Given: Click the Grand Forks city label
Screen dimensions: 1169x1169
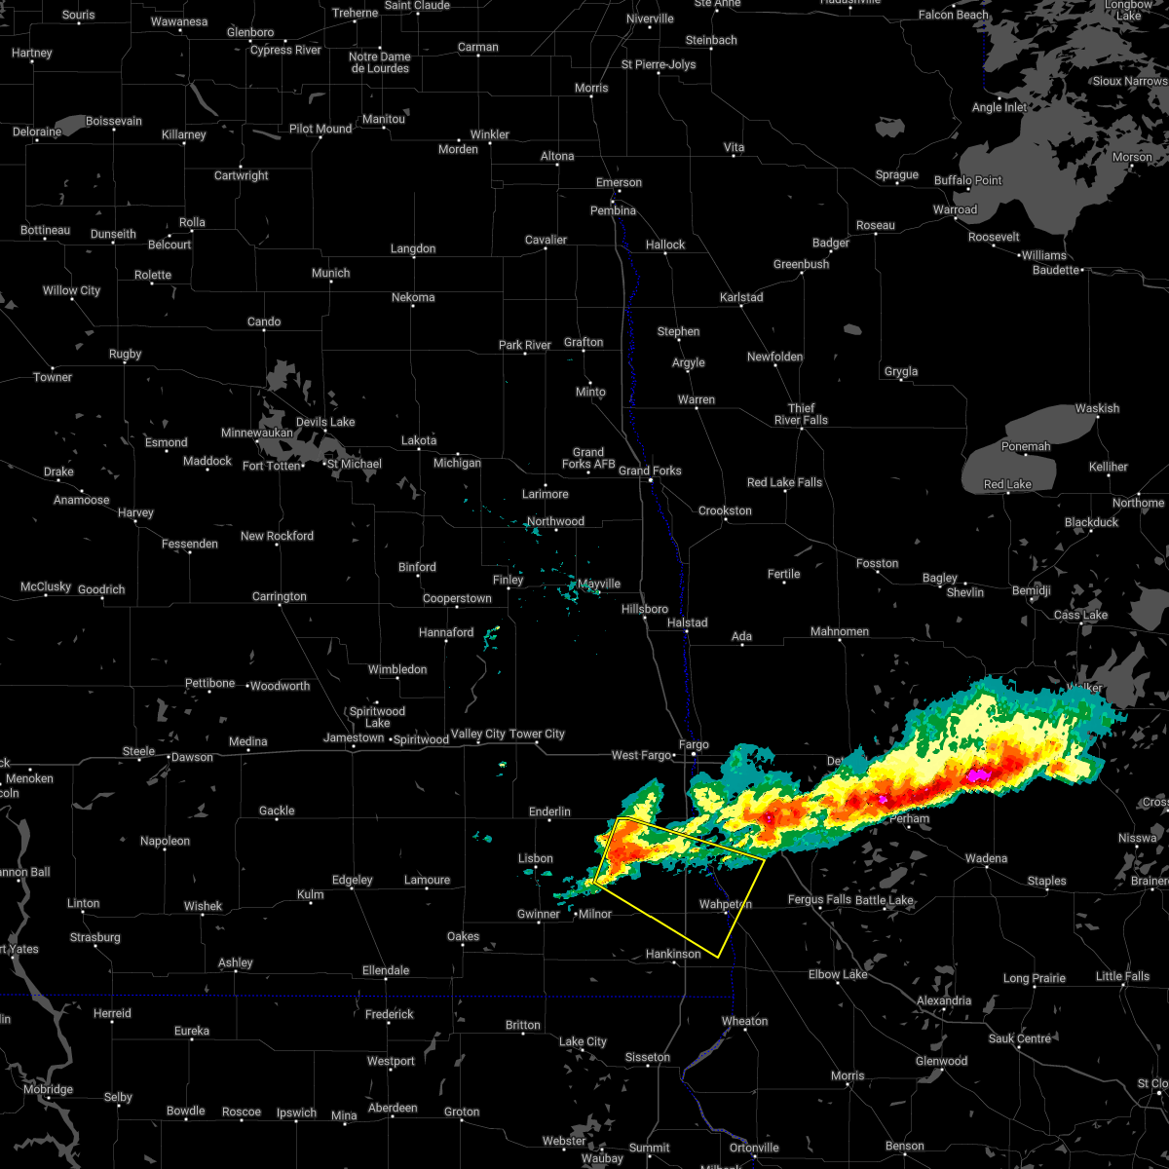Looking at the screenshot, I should pyautogui.click(x=650, y=471).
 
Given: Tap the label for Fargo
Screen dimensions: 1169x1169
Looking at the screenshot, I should pyautogui.click(x=694, y=744).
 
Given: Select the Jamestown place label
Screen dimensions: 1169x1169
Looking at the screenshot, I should pyautogui.click(x=354, y=737).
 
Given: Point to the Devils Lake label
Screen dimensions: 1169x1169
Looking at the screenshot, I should pyautogui.click(x=325, y=422).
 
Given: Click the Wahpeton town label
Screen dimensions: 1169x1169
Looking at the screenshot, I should pyautogui.click(x=726, y=904).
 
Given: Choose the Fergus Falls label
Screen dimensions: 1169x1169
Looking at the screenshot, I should pyautogui.click(x=819, y=899).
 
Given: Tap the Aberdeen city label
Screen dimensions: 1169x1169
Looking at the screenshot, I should pyautogui.click(x=393, y=1108).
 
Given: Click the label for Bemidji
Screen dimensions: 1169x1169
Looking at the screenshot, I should pyautogui.click(x=1032, y=590).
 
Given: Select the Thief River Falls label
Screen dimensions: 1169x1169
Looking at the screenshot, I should pyautogui.click(x=801, y=414).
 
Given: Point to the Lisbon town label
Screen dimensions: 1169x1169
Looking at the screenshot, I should pyautogui.click(x=535, y=858).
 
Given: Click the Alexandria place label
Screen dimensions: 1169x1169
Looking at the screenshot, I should pyautogui.click(x=944, y=1000).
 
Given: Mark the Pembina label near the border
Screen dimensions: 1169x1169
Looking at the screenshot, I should pyautogui.click(x=613, y=210).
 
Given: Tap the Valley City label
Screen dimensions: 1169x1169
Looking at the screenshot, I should pyautogui.click(x=478, y=734).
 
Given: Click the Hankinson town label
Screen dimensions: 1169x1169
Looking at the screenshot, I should pyautogui.click(x=673, y=954).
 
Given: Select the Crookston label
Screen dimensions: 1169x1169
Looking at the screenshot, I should pyautogui.click(x=725, y=510).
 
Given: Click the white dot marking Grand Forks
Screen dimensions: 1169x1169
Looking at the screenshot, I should pyautogui.click(x=652, y=480).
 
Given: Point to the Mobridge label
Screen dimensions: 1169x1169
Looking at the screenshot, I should pyautogui.click(x=48, y=1089).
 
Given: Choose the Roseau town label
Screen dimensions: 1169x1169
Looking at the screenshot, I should pyautogui.click(x=875, y=225).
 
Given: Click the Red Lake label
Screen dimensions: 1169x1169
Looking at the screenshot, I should pyautogui.click(x=1007, y=484).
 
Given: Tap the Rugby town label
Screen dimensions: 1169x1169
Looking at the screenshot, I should pyautogui.click(x=125, y=354).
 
